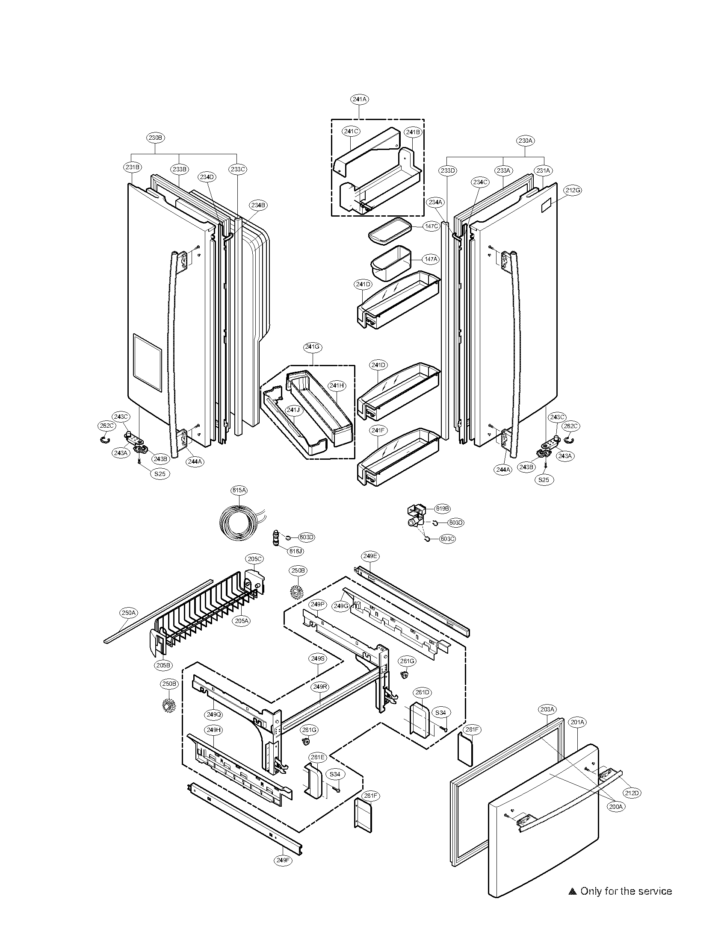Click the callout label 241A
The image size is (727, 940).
click(359, 99)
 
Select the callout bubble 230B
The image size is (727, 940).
click(155, 138)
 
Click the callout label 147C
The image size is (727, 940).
click(431, 226)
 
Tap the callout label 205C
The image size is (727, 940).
click(254, 559)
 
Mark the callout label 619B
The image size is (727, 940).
click(442, 508)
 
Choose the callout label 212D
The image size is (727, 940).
click(632, 792)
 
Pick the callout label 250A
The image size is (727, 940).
click(128, 612)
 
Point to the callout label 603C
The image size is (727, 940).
click(448, 538)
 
